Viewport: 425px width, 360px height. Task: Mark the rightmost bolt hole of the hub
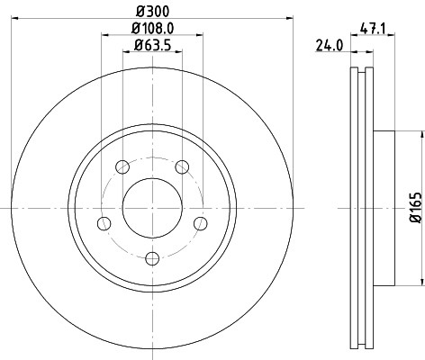(x=202, y=223)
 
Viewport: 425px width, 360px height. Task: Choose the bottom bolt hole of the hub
(x=151, y=259)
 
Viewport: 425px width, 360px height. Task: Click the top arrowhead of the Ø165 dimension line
(x=419, y=134)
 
